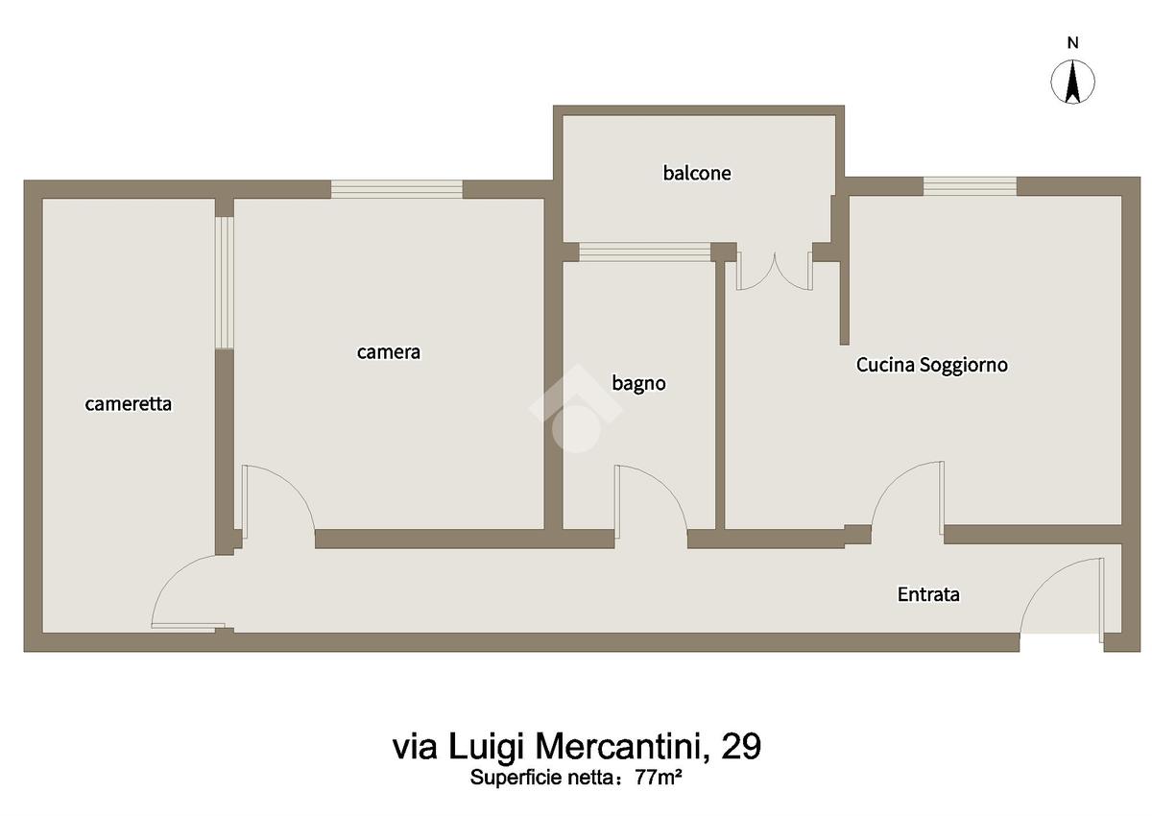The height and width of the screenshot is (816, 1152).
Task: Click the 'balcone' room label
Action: (697, 173)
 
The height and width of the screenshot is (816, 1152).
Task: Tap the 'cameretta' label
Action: (128, 404)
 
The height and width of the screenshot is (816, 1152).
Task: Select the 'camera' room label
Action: (388, 352)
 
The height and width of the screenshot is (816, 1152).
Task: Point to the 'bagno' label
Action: (638, 384)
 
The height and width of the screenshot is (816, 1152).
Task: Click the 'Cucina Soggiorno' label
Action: (931, 365)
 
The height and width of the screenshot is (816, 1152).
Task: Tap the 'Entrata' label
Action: (928, 594)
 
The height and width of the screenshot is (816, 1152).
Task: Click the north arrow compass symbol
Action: (1072, 83)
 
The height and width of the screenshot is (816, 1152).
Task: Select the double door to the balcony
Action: (775, 272)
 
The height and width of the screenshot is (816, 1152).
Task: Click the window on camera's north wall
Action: (396, 189)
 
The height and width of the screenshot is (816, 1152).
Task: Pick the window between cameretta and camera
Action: (225, 283)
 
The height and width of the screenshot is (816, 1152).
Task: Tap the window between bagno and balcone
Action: (645, 252)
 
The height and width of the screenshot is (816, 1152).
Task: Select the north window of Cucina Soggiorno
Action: (970, 186)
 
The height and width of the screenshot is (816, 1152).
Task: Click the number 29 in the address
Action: (741, 747)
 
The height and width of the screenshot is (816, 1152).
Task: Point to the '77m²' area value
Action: (659, 777)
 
